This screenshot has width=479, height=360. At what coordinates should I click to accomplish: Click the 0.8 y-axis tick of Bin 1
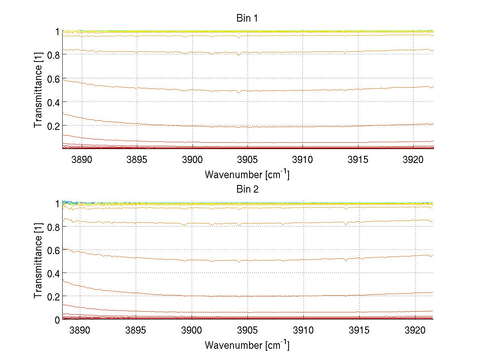tap(53, 55)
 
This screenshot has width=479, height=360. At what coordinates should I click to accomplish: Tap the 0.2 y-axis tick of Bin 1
tap(53, 125)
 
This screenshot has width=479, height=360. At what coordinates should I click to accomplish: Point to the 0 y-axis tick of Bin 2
tap(57, 320)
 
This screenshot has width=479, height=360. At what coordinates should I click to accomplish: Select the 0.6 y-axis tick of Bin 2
tap(53, 250)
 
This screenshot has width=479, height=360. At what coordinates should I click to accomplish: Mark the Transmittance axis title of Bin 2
tap(38, 261)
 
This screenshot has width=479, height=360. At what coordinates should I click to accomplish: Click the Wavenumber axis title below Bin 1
tap(247, 175)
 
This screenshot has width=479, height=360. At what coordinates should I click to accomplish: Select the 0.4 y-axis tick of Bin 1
tap(53, 102)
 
